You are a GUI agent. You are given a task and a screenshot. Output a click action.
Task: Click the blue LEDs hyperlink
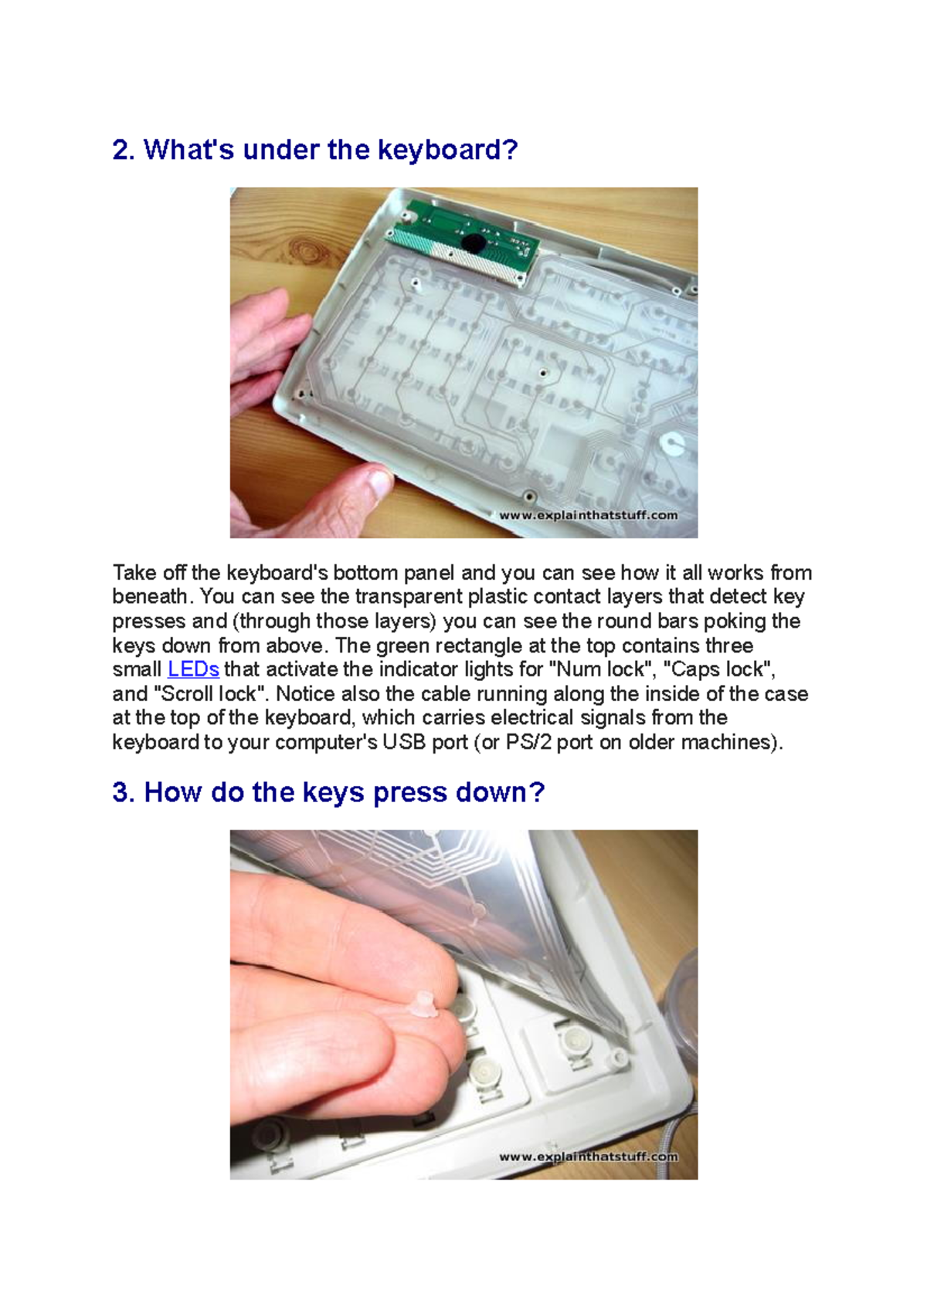tap(193, 669)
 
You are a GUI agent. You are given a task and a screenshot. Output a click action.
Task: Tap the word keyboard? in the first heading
tap(447, 150)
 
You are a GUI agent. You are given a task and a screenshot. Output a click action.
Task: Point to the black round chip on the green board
tap(473, 243)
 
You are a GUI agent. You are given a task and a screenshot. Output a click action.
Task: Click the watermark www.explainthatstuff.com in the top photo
tap(588, 515)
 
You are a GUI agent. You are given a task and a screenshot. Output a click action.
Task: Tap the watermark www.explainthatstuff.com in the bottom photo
tap(588, 1157)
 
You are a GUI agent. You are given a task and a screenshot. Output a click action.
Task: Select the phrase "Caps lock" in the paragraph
tap(718, 669)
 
